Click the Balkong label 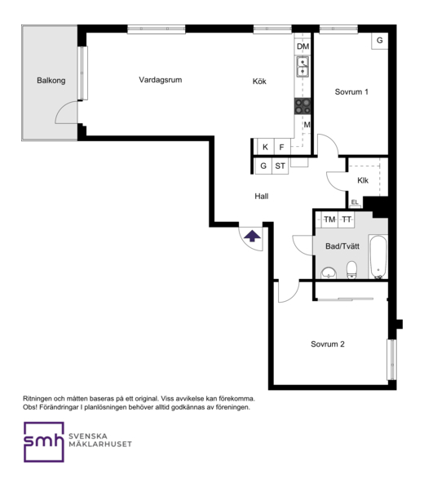[51, 81]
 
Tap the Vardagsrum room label [160, 80]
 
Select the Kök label [259, 82]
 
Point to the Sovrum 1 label [351, 92]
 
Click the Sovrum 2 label [328, 344]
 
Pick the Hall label [262, 197]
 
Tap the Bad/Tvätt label [342, 246]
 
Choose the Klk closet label [363, 180]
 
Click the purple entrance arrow [252, 236]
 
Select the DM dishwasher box [303, 46]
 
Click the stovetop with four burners [303, 106]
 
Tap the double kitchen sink [303, 66]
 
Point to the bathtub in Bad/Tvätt [378, 257]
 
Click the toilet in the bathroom [351, 269]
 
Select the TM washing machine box [329, 220]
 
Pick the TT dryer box [347, 220]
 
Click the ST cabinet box [280, 166]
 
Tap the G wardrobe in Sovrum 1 [380, 41]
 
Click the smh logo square [44, 442]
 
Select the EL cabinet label [355, 202]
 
